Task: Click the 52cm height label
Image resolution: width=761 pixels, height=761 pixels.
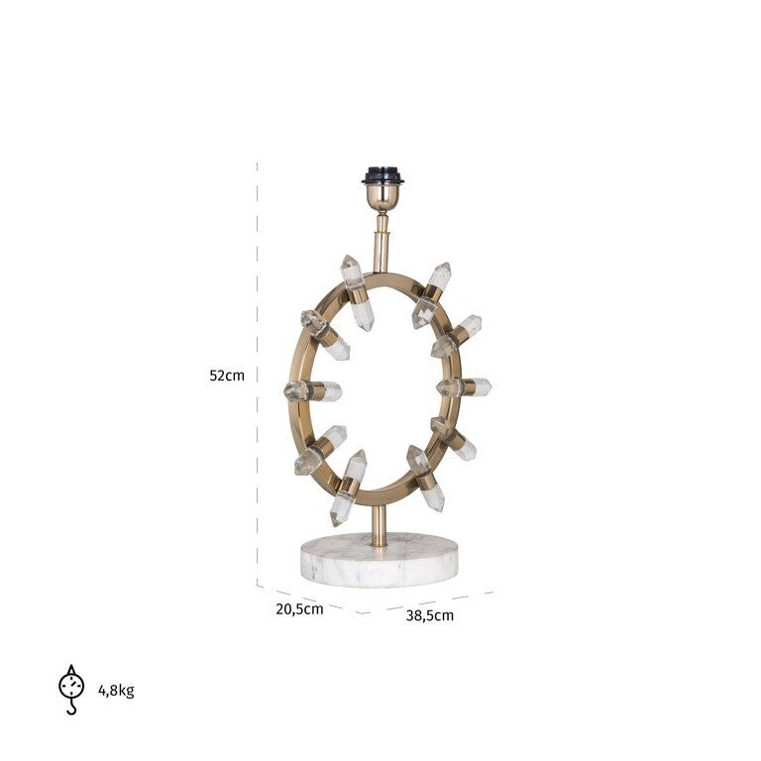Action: click(227, 376)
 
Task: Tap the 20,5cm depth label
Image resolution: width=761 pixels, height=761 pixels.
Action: click(299, 609)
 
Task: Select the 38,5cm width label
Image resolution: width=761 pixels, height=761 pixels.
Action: click(430, 616)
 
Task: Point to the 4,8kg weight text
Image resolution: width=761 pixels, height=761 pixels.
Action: click(117, 690)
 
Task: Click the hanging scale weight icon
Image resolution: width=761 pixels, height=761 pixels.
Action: click(71, 690)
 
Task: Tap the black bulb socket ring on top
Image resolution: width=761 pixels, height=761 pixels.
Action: click(382, 175)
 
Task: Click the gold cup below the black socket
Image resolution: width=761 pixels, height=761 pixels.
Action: click(382, 197)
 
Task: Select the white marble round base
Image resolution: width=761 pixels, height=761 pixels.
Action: click(380, 559)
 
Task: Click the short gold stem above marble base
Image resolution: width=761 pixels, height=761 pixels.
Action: click(380, 526)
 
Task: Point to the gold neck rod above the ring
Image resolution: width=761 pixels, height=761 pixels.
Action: click(381, 243)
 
